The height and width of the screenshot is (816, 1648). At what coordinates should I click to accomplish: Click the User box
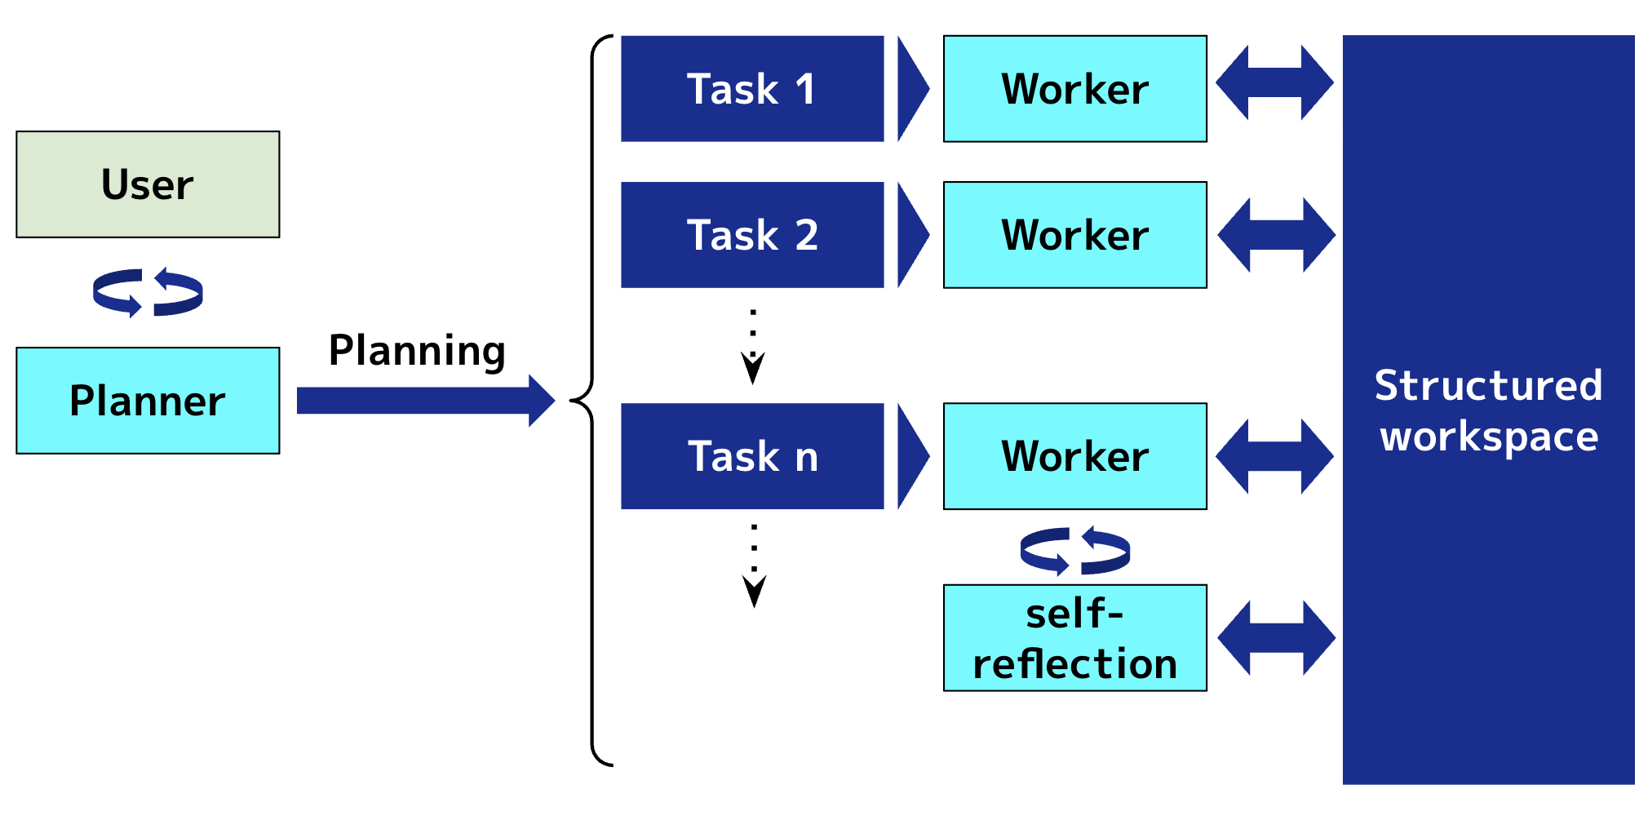point(148,184)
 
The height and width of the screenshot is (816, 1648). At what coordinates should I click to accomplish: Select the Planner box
point(148,401)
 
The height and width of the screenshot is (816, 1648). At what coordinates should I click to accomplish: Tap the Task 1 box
point(752,89)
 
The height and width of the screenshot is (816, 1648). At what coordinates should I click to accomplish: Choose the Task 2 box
point(752,235)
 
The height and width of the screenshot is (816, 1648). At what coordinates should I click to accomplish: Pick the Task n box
point(752,456)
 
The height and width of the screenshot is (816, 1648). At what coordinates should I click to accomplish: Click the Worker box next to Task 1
point(1074,89)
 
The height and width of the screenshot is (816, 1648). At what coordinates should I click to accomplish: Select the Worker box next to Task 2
point(1074,235)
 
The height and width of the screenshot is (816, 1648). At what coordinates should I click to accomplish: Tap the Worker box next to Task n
point(1074,456)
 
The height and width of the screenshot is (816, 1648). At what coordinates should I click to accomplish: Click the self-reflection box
point(1074,638)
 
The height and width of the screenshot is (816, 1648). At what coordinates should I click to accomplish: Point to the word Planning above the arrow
point(417,351)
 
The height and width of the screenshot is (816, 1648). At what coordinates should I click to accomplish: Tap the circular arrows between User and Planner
point(148,292)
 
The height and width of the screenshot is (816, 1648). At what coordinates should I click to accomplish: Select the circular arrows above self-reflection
point(1074,551)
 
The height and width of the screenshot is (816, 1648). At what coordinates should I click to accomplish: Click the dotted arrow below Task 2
point(753,347)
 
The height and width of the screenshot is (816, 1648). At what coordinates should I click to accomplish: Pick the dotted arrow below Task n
point(754,567)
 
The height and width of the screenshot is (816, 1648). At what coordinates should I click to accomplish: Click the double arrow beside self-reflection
point(1276,638)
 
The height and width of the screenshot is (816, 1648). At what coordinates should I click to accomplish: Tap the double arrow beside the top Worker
point(1274,82)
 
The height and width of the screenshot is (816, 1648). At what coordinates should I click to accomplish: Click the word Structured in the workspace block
point(1488,385)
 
